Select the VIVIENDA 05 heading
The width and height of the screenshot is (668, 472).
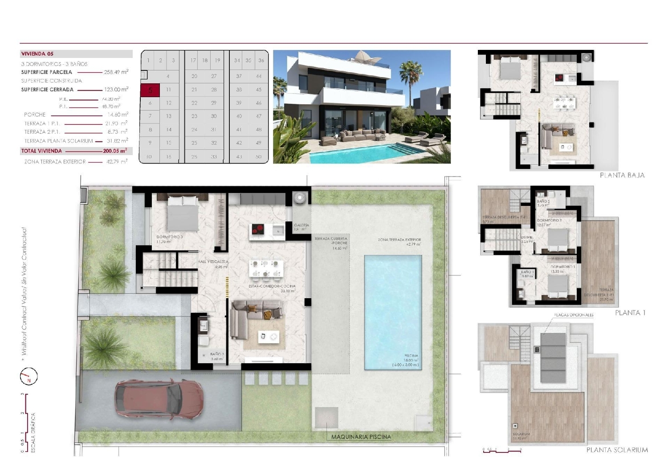(x=37, y=54)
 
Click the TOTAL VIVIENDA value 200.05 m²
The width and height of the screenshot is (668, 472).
(x=115, y=151)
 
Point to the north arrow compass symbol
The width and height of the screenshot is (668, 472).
(x=29, y=377)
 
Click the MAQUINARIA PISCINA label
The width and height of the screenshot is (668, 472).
(x=361, y=437)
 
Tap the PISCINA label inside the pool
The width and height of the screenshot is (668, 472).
(x=411, y=356)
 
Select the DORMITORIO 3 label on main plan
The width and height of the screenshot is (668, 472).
(x=169, y=237)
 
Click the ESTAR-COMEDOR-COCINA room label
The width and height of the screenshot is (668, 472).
(x=272, y=286)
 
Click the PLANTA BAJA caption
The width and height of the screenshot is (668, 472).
(x=622, y=175)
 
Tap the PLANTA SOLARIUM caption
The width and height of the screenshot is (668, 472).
(x=617, y=450)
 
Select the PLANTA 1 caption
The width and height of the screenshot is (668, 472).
(x=630, y=313)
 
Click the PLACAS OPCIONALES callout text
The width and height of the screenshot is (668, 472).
(x=574, y=315)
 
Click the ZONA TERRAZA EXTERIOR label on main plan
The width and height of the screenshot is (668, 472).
(x=399, y=240)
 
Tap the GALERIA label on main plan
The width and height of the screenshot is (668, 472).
(x=301, y=226)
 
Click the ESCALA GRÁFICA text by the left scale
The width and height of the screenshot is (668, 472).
(x=33, y=432)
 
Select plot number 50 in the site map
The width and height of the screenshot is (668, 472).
(x=259, y=157)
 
